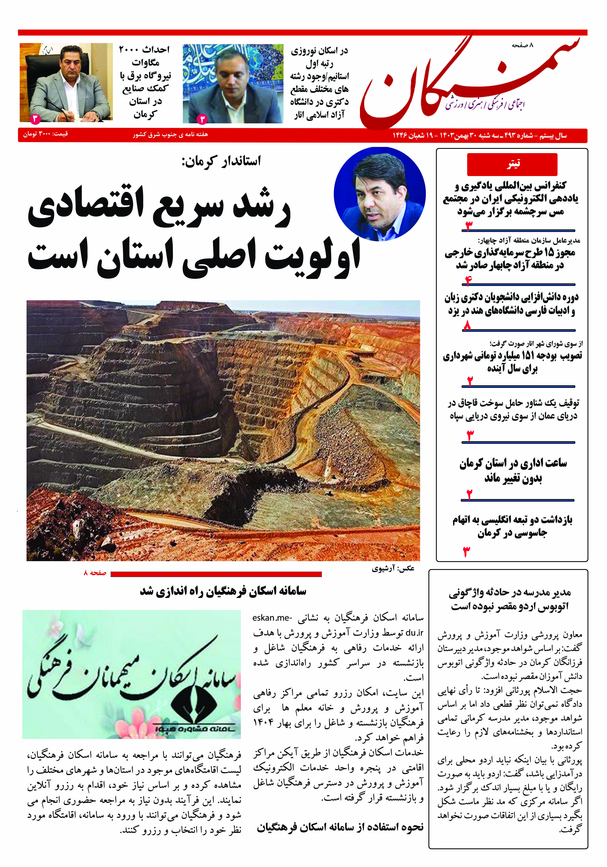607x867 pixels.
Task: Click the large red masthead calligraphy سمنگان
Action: click(x=468, y=85)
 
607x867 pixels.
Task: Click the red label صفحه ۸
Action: click(x=95, y=573)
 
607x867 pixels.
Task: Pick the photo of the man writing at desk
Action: click(x=66, y=83)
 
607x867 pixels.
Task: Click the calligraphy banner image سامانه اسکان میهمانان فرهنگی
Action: click(x=131, y=675)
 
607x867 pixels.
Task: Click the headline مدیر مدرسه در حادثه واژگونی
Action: click(x=510, y=600)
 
